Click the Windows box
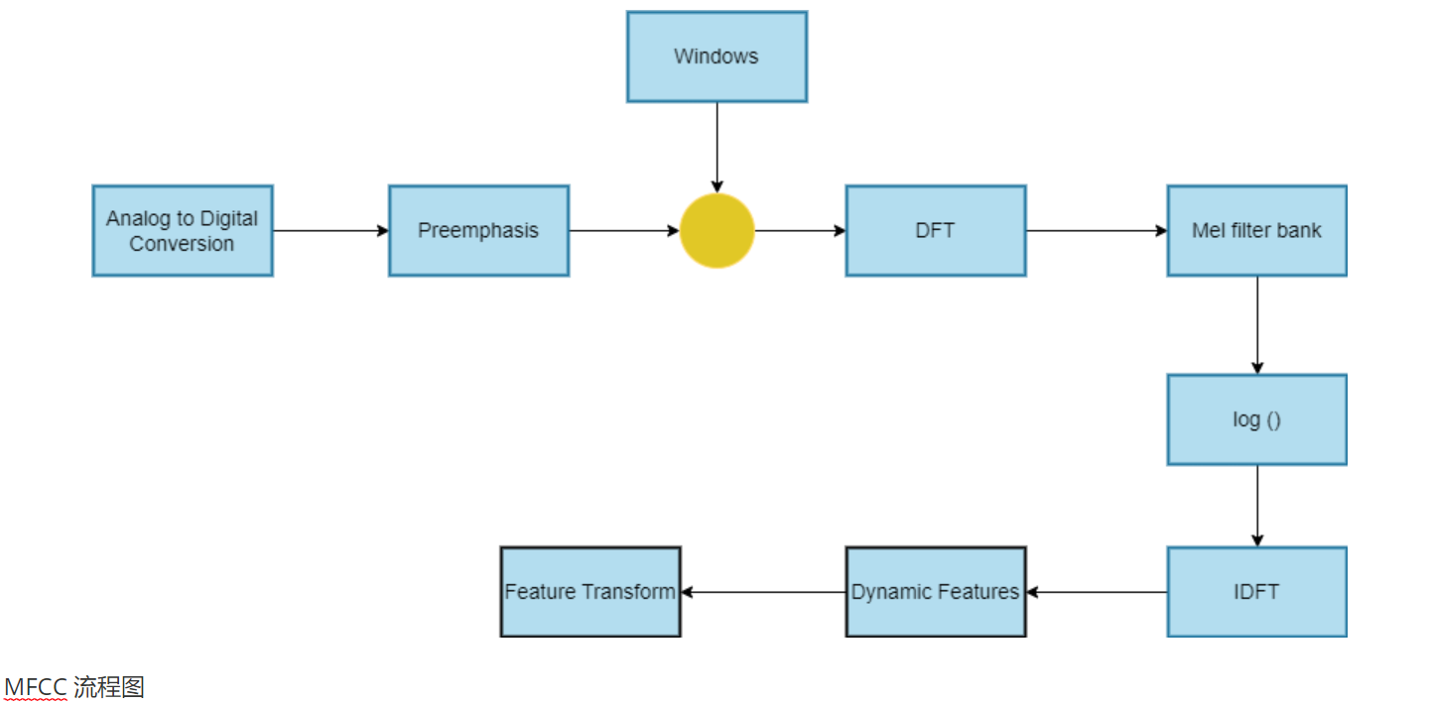coord(717,57)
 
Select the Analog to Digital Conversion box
coord(183,231)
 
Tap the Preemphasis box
coord(478,231)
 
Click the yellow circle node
coord(717,231)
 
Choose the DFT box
coord(936,231)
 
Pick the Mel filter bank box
coord(1256,231)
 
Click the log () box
coord(1256,419)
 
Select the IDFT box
coord(1256,592)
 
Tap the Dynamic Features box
coord(936,592)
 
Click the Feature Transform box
coord(590,592)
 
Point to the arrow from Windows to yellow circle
coord(717,148)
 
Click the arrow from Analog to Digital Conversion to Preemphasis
coord(331,231)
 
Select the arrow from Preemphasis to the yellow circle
coord(624,231)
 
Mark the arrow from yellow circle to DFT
coord(801,231)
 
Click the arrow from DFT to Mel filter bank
coord(1097,231)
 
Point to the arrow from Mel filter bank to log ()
coord(1257,325)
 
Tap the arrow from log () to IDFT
coord(1257,506)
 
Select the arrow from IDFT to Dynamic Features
coord(1098,592)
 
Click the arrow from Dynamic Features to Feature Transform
coord(764,592)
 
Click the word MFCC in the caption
coord(36,687)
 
